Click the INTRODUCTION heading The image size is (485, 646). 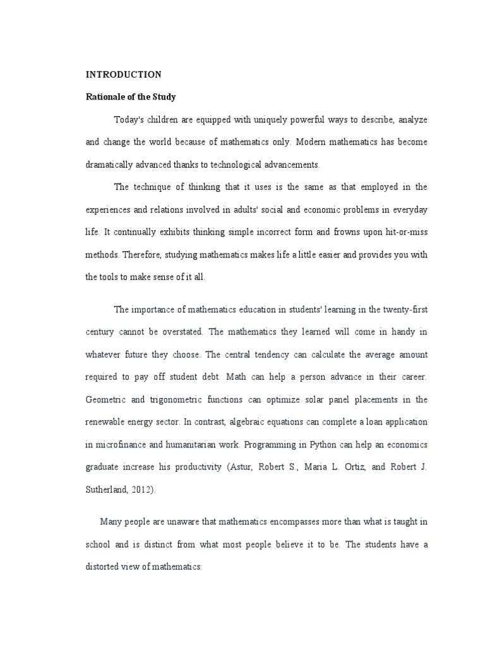[124, 74]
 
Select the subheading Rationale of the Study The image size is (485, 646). [131, 97]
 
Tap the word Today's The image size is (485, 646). [129, 119]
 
